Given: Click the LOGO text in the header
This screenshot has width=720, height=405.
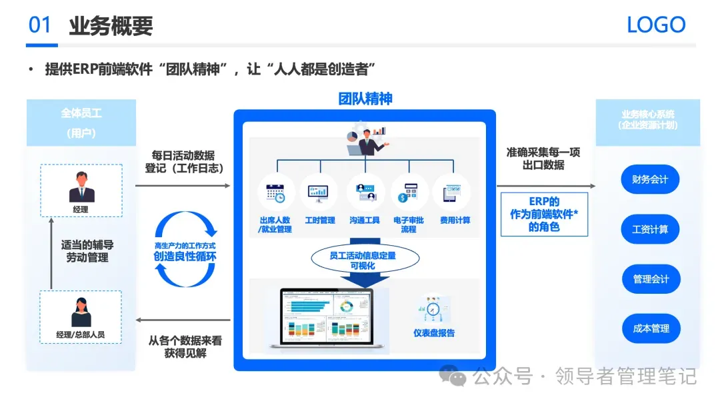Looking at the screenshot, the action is click(x=656, y=25).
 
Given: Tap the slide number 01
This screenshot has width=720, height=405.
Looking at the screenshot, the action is click(x=40, y=25).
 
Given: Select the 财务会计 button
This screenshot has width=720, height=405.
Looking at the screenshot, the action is click(x=650, y=179).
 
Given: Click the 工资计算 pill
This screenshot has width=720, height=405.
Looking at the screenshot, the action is click(x=650, y=229).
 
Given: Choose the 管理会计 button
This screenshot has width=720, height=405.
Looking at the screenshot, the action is click(x=650, y=278).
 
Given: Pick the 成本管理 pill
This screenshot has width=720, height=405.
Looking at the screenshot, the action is click(x=650, y=328).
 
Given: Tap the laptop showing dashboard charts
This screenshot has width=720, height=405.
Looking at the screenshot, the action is click(x=327, y=318).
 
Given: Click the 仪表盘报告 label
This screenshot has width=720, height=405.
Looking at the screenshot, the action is click(x=434, y=332).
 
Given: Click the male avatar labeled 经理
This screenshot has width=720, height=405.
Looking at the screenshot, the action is click(x=81, y=187).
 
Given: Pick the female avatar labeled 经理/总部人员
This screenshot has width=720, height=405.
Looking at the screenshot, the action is click(x=81, y=312).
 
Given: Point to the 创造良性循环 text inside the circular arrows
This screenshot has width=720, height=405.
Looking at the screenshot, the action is click(x=185, y=256).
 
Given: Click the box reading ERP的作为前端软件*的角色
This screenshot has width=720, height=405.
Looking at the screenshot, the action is click(x=544, y=214).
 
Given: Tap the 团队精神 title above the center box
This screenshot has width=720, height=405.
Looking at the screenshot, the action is click(x=365, y=99).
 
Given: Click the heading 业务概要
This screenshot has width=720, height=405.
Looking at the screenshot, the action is click(x=111, y=25).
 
